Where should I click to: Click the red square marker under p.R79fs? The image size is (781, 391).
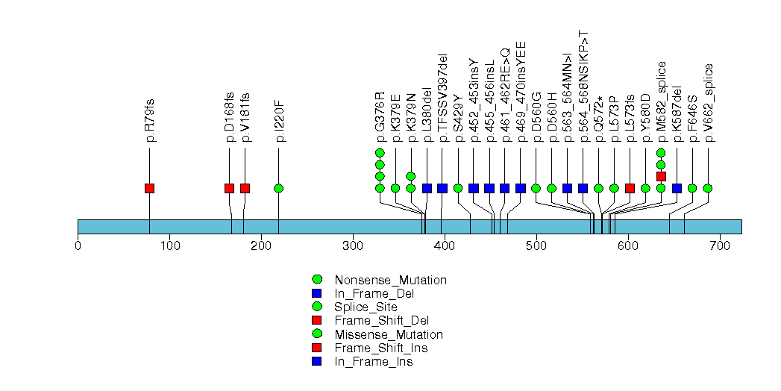pyautogui.click(x=149, y=188)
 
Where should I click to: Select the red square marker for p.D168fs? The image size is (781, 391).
pyautogui.click(x=229, y=188)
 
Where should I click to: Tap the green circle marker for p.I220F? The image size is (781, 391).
pyautogui.click(x=278, y=188)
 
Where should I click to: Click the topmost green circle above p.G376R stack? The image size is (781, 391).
pyautogui.click(x=380, y=153)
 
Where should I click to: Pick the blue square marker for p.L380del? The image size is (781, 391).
pyautogui.click(x=427, y=188)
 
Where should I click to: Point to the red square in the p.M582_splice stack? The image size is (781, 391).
pyautogui.click(x=661, y=176)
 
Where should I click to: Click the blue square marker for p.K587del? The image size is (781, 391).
pyautogui.click(x=677, y=188)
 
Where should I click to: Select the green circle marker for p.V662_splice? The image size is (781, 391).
pyautogui.click(x=707, y=188)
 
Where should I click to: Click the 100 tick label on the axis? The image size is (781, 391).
pyautogui.click(x=169, y=246)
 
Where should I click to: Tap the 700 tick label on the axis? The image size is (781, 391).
pyautogui.click(x=720, y=246)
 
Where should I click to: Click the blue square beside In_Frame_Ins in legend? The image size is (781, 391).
pyautogui.click(x=316, y=362)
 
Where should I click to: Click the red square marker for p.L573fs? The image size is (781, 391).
pyautogui.click(x=630, y=188)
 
